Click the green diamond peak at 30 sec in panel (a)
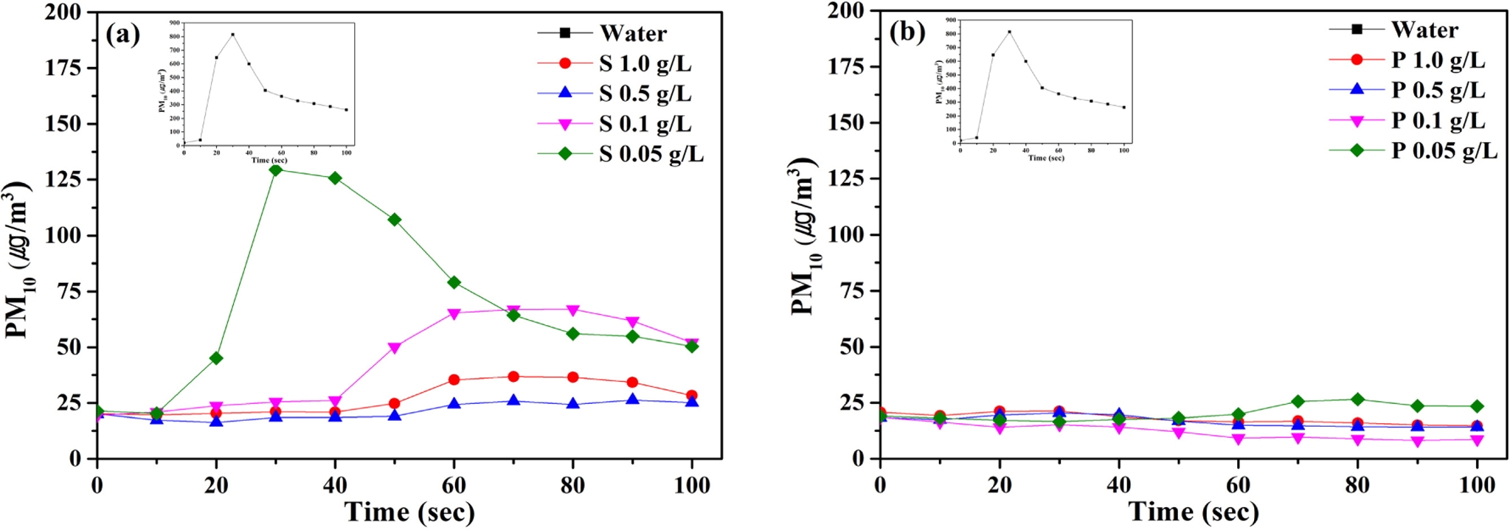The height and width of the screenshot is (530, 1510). [x=276, y=170]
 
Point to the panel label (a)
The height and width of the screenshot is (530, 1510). [x=122, y=34]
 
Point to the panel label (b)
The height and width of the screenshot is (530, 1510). [x=907, y=32]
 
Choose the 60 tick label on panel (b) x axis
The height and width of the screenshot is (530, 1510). [x=1238, y=484]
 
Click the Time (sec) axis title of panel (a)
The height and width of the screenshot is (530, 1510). [x=409, y=512]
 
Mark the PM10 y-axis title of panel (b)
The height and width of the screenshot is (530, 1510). [x=804, y=236]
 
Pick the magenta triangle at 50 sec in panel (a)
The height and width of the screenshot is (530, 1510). [x=395, y=348]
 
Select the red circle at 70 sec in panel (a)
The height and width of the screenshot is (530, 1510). [x=513, y=377]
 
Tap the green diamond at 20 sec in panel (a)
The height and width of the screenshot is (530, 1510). [x=216, y=358]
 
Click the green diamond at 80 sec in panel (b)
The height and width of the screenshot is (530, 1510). [x=1357, y=400]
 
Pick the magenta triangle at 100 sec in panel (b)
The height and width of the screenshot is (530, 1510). [x=1477, y=440]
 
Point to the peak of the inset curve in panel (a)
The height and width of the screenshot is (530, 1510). [x=232, y=34]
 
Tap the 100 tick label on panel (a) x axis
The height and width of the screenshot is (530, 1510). [x=692, y=484]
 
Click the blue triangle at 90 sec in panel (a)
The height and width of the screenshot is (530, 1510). [x=632, y=400]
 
